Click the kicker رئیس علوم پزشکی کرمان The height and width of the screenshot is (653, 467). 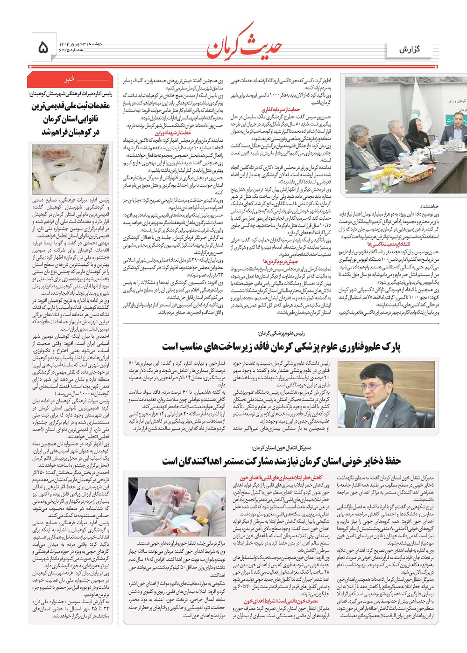280,333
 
